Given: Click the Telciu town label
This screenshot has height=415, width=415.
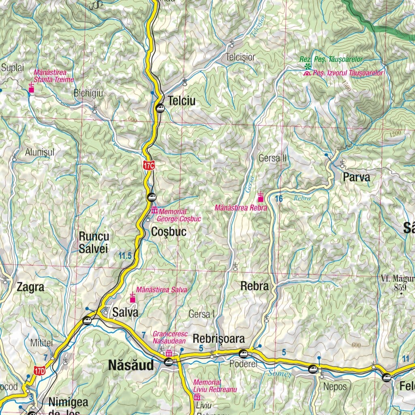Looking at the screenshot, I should pyautogui.click(x=182, y=101).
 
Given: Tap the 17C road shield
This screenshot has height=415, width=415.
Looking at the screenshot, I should pyautogui.click(x=149, y=165).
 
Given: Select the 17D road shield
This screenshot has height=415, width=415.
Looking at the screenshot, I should pyautogui.click(x=40, y=370).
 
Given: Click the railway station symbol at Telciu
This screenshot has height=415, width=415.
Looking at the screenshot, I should pyautogui.click(x=160, y=108).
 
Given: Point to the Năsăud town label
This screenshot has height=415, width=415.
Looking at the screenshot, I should pyautogui.click(x=131, y=366).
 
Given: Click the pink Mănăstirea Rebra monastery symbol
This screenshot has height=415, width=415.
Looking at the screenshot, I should pyautogui.click(x=261, y=197).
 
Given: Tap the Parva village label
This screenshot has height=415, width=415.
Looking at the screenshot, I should pyautogui.click(x=356, y=178).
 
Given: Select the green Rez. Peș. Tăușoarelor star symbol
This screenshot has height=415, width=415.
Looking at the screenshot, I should pyautogui.click(x=308, y=66).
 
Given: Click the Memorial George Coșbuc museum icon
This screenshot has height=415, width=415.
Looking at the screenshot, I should pyautogui.click(x=154, y=211).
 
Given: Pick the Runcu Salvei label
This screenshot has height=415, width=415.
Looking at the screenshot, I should pyautogui.click(x=93, y=242).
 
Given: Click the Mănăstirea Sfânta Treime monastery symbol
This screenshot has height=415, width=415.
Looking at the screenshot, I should pyautogui.click(x=32, y=88).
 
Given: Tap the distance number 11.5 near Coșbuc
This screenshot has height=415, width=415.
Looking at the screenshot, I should pyautogui.click(x=125, y=256).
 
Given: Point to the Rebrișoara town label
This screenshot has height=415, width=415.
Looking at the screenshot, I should pyautogui.click(x=219, y=338).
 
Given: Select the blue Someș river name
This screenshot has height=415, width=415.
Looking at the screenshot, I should pyautogui.click(x=280, y=374).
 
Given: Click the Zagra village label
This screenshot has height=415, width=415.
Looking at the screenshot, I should pyautogui.click(x=30, y=288).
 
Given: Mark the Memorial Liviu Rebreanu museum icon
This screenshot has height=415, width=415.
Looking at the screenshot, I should pyautogui.click(x=197, y=397).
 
